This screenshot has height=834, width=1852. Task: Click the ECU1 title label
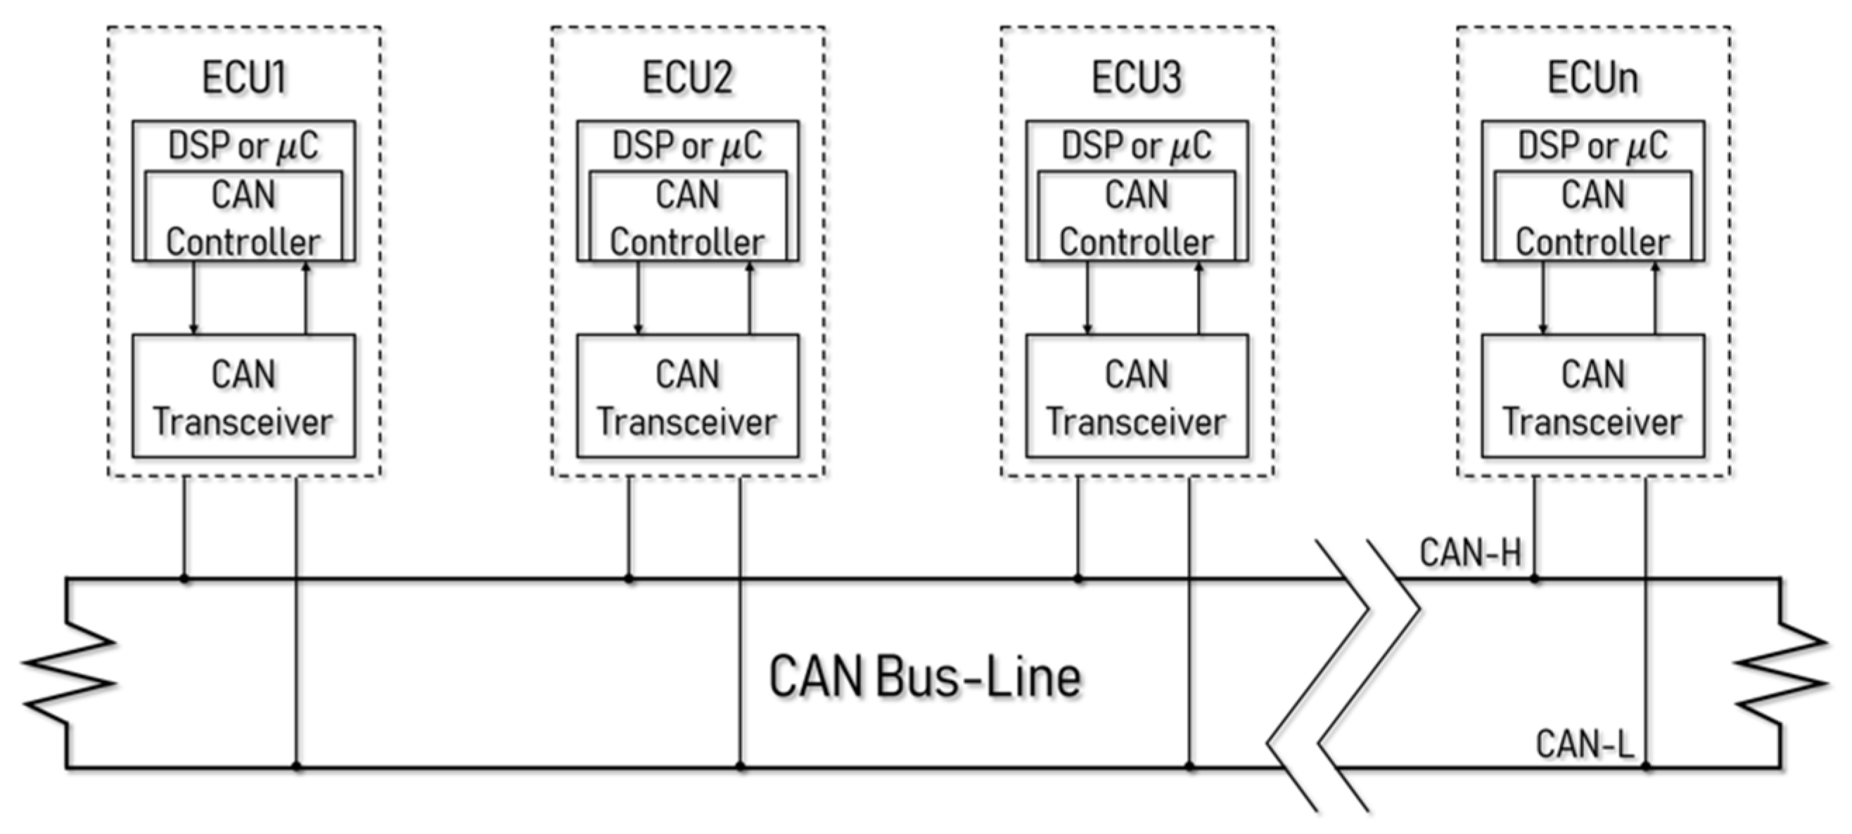point(244,77)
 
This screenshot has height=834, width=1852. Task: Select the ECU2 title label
point(687,77)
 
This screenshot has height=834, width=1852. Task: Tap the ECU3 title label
point(1136,77)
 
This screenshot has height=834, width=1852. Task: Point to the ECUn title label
point(1592,77)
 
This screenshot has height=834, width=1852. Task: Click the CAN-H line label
point(1470,553)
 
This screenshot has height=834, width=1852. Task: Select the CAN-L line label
point(1585,744)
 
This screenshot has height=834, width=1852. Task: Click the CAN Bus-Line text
point(924,677)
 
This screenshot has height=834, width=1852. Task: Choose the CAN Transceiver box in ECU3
point(1137,396)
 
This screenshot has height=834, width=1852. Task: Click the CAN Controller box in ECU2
point(687,216)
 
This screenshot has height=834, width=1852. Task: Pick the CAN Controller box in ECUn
point(1592,216)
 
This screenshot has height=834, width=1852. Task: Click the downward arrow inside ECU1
point(193,297)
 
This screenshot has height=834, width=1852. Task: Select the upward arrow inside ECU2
point(750,297)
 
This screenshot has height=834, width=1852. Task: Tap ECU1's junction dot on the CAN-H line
point(185,578)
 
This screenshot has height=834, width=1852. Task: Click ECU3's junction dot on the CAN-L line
point(1190,767)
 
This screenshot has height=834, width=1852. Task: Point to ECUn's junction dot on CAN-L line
point(1647,767)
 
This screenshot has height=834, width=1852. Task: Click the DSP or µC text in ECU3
point(1136,146)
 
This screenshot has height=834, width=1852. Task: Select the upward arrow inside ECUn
point(1656,297)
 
